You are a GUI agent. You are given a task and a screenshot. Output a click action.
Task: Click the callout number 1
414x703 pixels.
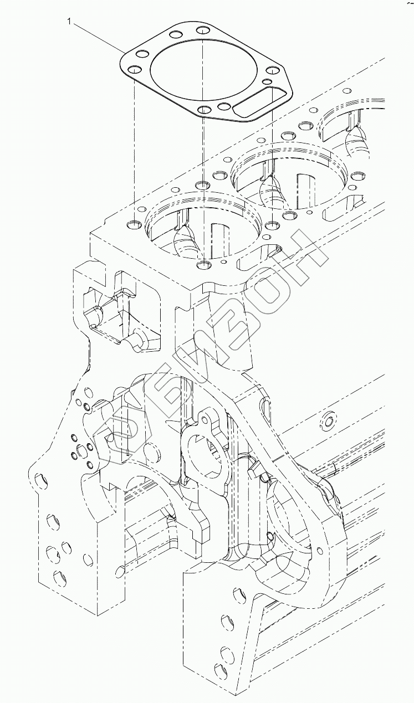[x=69, y=22]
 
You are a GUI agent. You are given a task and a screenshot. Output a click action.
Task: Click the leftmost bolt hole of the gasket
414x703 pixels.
[x=134, y=70]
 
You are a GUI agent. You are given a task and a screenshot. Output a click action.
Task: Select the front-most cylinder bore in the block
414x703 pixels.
[x=202, y=227]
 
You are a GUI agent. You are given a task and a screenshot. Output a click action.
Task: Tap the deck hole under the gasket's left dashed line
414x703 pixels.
[x=134, y=225]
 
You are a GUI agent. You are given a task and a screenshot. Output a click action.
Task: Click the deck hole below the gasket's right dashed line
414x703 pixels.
[x=272, y=225]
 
